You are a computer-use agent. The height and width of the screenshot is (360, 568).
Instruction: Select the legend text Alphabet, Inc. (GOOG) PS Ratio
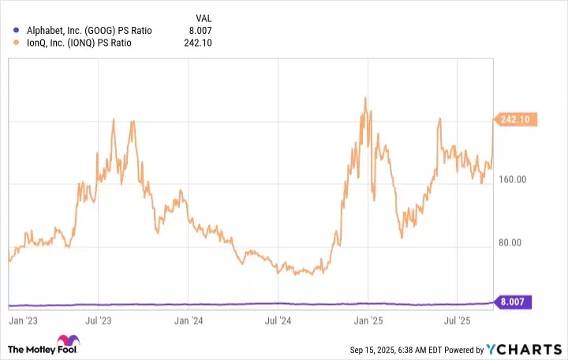[x=89, y=31]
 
